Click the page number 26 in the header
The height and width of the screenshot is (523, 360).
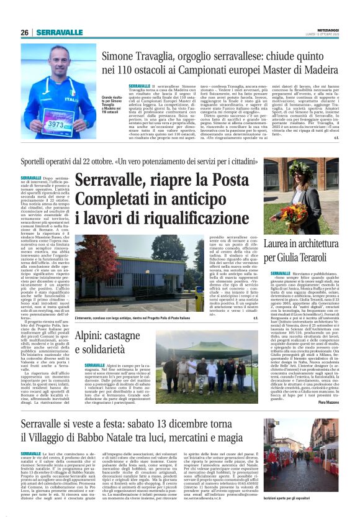[24, 32]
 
